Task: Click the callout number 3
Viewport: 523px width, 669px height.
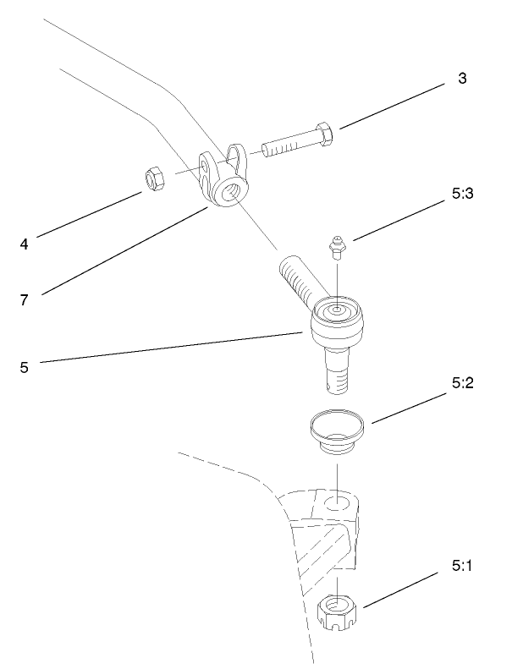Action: point(462,79)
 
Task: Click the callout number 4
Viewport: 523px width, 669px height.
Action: point(25,244)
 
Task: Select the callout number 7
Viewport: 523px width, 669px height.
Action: point(25,299)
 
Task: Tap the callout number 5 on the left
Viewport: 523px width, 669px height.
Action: point(25,367)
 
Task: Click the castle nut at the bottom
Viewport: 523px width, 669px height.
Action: point(338,611)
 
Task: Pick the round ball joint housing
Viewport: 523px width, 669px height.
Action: point(337,322)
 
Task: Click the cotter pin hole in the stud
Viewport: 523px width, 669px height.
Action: point(331,388)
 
